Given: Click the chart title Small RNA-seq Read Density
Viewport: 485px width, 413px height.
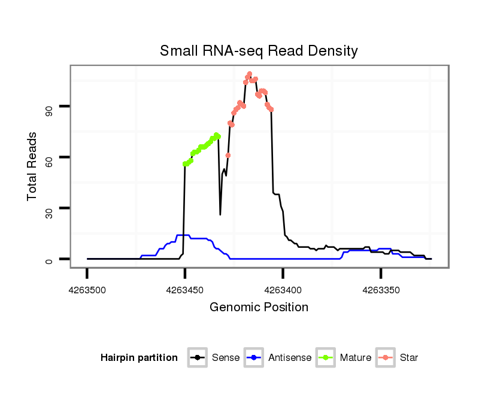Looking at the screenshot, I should [x=259, y=51].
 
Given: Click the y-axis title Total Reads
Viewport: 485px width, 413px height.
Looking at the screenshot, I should [x=34, y=166].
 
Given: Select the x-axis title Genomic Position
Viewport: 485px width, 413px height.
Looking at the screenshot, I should [x=259, y=308].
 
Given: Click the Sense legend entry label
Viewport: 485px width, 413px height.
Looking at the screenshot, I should [x=226, y=358].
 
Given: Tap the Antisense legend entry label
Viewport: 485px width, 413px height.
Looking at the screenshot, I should [x=290, y=358].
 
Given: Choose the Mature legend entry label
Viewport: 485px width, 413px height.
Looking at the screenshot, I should [x=356, y=358].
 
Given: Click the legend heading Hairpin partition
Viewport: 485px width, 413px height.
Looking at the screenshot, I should [x=139, y=358].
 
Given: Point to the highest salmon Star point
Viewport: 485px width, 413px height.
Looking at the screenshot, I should [x=249, y=74].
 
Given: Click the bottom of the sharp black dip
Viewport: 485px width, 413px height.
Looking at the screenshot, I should [x=220, y=214].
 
